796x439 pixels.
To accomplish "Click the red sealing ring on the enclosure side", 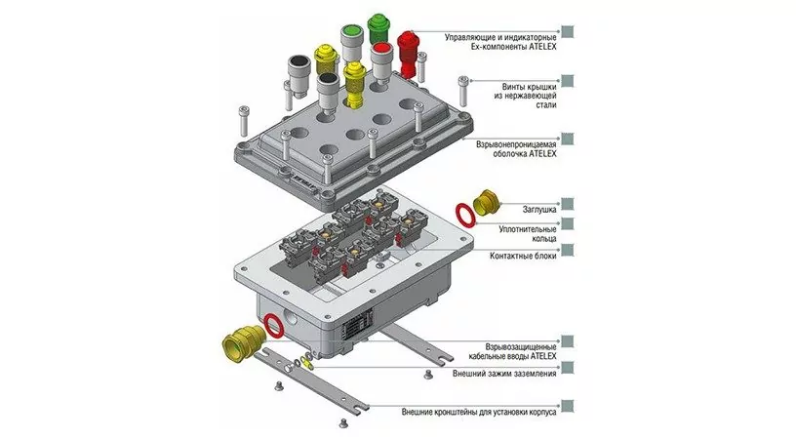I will (x=276, y=324).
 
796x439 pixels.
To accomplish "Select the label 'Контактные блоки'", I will (x=524, y=255).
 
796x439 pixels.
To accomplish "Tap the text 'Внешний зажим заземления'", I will (x=504, y=373).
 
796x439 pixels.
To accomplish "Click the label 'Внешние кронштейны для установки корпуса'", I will (x=479, y=411).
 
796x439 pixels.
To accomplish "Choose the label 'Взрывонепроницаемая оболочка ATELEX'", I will (x=517, y=149).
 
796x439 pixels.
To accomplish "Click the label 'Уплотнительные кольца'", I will (x=527, y=232).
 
